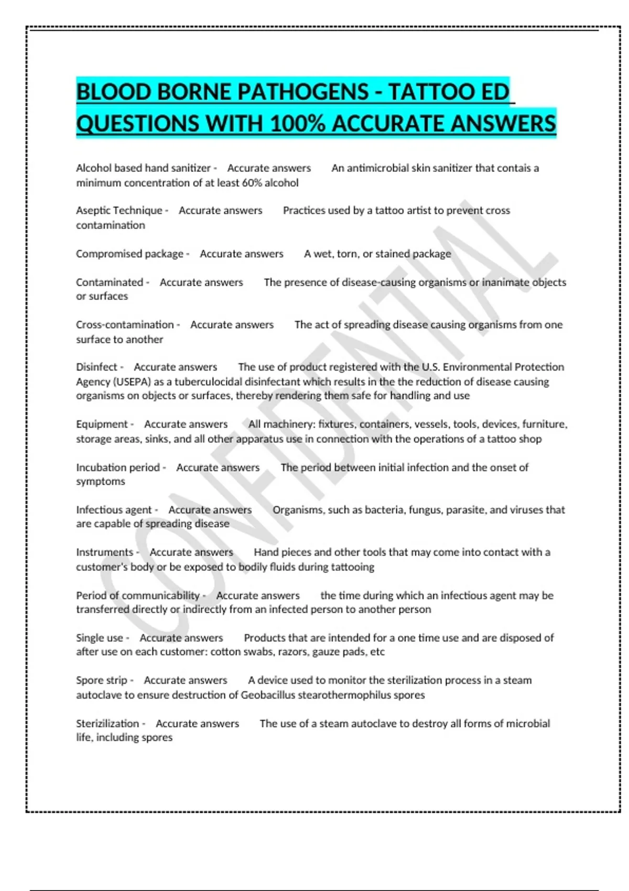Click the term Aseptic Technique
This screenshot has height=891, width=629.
pyautogui.click(x=119, y=210)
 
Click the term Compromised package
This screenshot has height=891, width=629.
pyautogui.click(x=129, y=254)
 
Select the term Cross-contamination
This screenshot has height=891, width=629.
pyautogui.click(x=125, y=324)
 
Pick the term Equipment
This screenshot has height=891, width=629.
pyautogui.click(x=102, y=424)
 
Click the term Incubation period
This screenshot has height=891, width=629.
pyautogui.click(x=118, y=467)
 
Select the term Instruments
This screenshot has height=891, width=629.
pyautogui.click(x=104, y=552)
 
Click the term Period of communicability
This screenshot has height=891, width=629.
pyautogui.click(x=138, y=595)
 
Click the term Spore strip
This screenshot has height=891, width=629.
pyautogui.click(x=102, y=680)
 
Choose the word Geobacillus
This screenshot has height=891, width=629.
pyautogui.click(x=268, y=695)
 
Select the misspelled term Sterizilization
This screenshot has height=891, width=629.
pyautogui.click(x=107, y=723)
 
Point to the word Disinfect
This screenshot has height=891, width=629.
pyautogui.click(x=96, y=367)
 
